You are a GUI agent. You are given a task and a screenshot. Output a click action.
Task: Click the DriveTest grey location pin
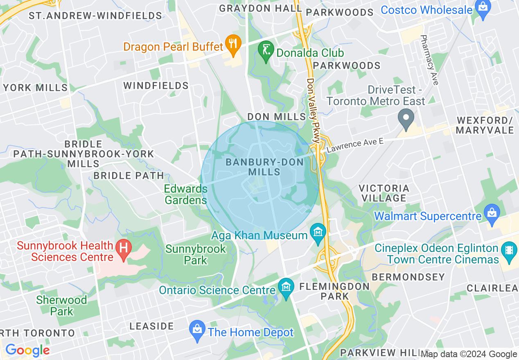406,120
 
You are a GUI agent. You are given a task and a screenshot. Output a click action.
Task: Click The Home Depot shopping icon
197,332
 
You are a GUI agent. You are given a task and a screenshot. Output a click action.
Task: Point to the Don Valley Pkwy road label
313,110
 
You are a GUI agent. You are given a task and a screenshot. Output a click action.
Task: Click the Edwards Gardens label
186,194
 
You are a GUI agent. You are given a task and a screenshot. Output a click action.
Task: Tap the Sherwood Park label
61,305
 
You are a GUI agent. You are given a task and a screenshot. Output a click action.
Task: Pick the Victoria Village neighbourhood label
384,193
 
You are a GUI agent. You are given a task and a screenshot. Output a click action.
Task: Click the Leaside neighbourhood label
152,326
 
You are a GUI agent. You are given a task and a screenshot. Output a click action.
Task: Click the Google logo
27,350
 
